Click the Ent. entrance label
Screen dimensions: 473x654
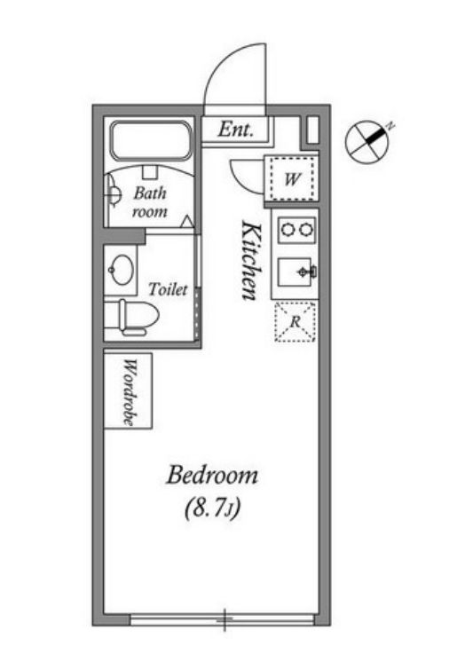236,130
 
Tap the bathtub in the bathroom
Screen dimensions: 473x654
151,140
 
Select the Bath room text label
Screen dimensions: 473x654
150,202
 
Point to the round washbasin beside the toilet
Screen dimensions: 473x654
122,271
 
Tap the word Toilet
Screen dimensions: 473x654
168,289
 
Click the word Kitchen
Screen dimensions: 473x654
252,260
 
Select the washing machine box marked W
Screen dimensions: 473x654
292,178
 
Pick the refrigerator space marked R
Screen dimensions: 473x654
296,322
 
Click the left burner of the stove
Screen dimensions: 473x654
288,230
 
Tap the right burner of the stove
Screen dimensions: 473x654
305,230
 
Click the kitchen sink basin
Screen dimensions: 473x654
294,272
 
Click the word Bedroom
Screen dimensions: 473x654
212,476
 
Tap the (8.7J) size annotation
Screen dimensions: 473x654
212,508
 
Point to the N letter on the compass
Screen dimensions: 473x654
390,125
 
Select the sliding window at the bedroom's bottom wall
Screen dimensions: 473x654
223,619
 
